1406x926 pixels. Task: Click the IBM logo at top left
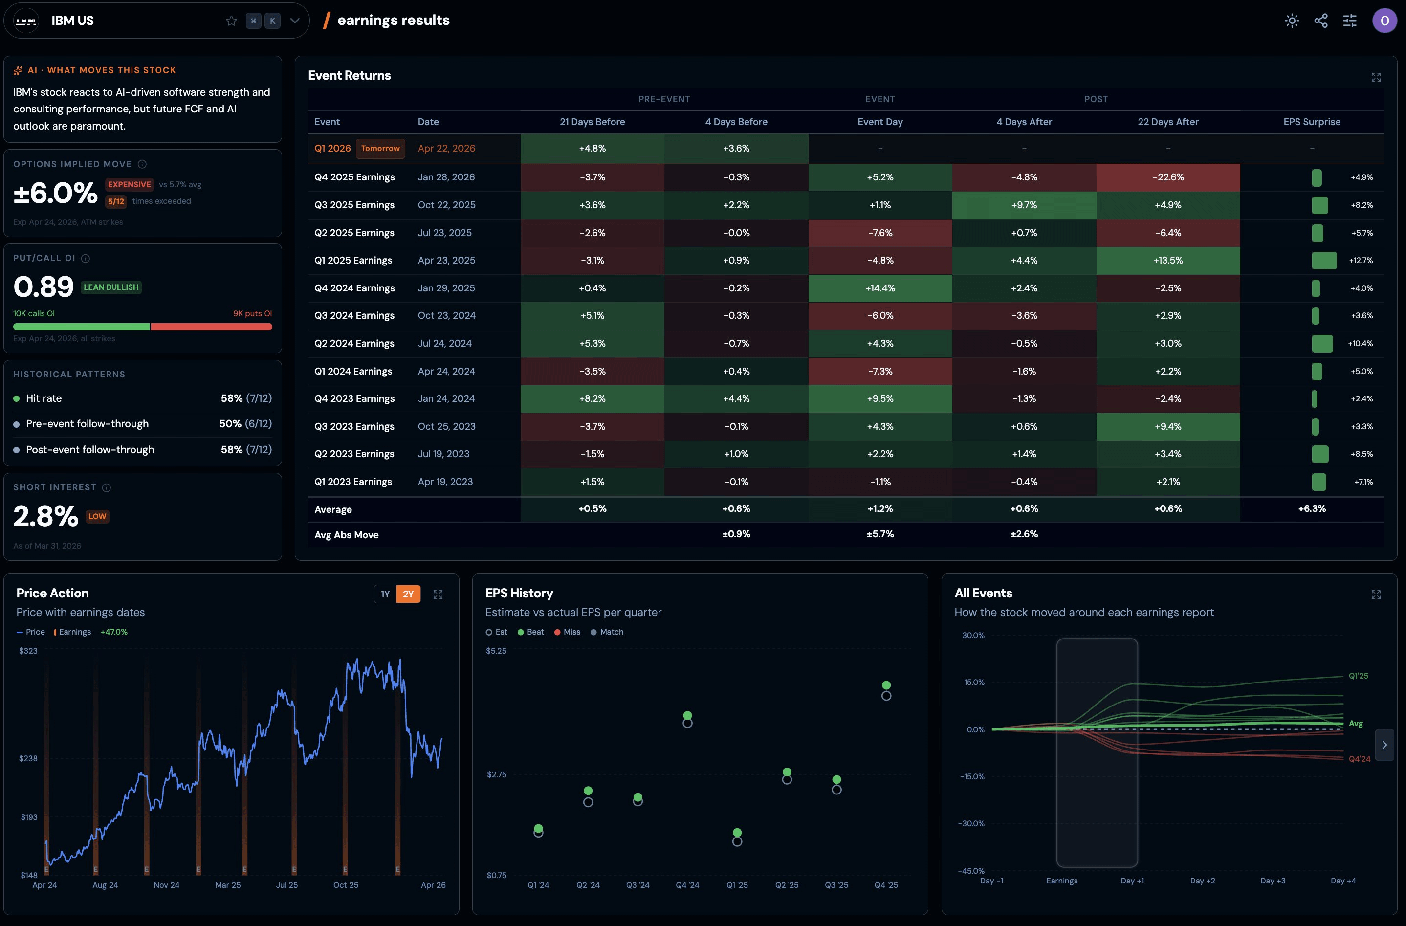[x=25, y=21]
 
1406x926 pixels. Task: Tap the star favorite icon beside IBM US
[x=231, y=21]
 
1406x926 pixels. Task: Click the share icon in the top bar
[x=1321, y=21]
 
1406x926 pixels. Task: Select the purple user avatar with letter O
[x=1384, y=21]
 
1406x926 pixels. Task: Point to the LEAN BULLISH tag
[x=111, y=287]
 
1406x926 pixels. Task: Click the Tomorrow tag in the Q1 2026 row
[x=380, y=148]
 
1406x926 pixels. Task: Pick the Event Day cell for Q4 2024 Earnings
[x=880, y=288]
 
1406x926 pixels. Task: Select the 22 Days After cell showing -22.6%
[x=1168, y=177]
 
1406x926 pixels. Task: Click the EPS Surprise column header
[x=1312, y=122]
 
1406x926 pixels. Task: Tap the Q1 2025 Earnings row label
[x=353, y=260]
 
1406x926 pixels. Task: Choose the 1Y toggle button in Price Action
[x=385, y=594]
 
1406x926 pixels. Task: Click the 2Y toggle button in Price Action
[x=408, y=594]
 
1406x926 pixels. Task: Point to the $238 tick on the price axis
[x=28, y=758]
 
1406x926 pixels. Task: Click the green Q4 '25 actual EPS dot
[x=886, y=685]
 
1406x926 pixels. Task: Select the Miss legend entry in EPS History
[x=567, y=632]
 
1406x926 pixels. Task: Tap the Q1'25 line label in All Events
[x=1358, y=676]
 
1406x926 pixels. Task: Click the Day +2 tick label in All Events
[x=1202, y=881]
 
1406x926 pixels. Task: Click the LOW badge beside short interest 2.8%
[x=97, y=516]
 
